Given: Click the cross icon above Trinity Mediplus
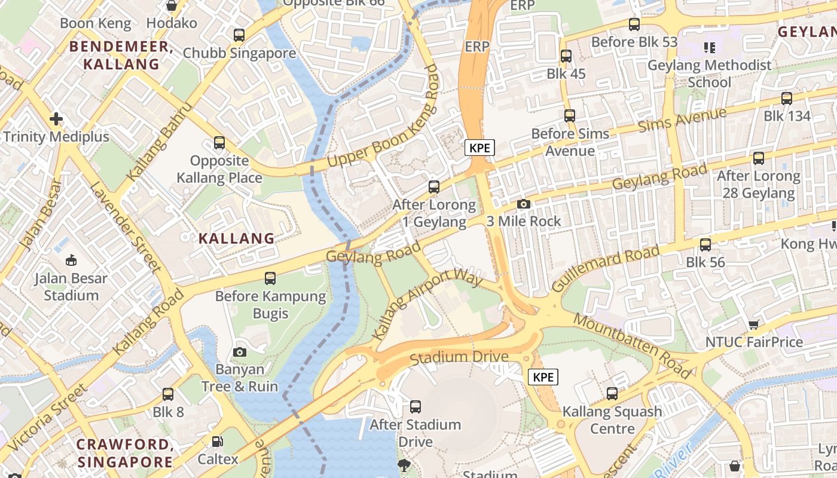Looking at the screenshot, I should click(56, 119).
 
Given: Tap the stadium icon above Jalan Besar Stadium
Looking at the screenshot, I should click(71, 260).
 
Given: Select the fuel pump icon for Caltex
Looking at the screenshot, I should click(218, 442).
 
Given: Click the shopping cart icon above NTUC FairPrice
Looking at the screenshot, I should click(753, 324).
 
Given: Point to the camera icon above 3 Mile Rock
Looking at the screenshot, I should click(524, 204).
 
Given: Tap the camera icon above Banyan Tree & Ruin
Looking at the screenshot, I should click(240, 352).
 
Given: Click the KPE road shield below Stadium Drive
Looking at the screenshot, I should click(543, 377).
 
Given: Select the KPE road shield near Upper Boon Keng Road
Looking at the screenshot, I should click(480, 148).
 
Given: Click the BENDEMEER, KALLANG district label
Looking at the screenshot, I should click(121, 56).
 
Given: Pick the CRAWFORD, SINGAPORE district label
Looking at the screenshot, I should click(125, 453).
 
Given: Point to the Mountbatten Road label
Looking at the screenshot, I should click(632, 345).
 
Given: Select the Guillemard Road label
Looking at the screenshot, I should click(607, 268).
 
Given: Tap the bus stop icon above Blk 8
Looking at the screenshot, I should click(168, 394).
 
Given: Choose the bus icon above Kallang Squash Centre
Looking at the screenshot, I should click(612, 394).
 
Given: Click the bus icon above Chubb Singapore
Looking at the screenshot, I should click(239, 35).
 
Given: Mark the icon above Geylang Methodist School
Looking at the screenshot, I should click(709, 47).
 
